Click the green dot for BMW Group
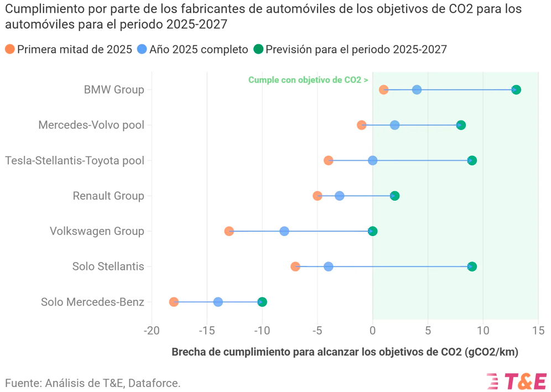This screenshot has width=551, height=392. (516, 90)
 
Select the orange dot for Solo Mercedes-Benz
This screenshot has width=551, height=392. (174, 302)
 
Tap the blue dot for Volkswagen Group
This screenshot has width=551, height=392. (284, 231)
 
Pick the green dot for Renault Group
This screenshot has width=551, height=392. (394, 196)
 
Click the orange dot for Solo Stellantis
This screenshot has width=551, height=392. (295, 266)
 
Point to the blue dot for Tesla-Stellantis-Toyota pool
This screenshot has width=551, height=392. (373, 160)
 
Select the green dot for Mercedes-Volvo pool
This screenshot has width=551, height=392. (461, 125)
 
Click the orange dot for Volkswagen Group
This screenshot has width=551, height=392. (229, 231)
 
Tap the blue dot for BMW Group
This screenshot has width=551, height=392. (417, 90)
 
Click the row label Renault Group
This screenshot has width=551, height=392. (108, 196)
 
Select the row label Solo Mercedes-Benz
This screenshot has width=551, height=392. (92, 302)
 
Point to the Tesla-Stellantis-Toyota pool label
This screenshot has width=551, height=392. (75, 160)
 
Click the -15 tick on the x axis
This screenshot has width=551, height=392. (206, 331)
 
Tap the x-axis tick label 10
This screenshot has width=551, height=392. (483, 331)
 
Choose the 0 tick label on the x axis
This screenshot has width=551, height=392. (373, 331)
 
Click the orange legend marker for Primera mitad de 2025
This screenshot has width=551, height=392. (10, 49)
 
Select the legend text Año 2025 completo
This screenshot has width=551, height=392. (199, 49)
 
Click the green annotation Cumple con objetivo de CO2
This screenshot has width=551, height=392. (308, 80)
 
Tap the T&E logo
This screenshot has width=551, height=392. (517, 381)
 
